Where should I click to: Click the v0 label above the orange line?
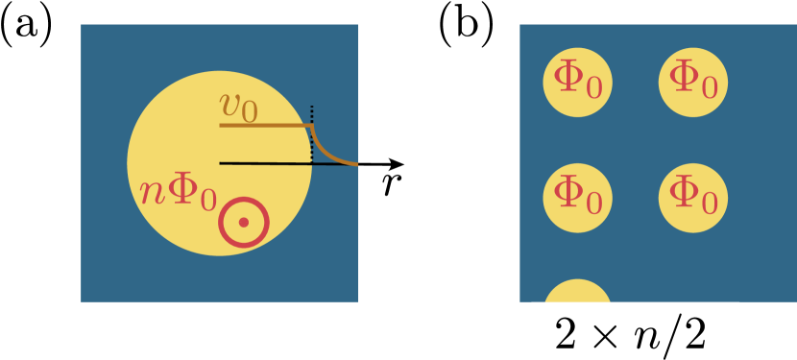point(238,105)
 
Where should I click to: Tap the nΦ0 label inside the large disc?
point(179,192)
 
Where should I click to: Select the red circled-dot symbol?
point(243,222)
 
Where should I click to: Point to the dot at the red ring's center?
point(243,222)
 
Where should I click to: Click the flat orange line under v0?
point(265,125)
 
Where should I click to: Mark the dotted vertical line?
point(311,134)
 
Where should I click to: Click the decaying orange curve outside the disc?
point(331,155)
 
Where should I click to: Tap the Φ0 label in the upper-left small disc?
point(578,82)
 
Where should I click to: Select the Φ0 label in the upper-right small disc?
point(693,82)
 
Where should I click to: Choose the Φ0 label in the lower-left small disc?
point(578,197)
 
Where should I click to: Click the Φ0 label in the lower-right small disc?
point(693,197)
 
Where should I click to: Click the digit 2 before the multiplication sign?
point(567,333)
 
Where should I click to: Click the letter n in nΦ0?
point(152,192)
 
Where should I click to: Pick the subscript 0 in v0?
point(249,112)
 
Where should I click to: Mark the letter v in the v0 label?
point(229,103)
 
